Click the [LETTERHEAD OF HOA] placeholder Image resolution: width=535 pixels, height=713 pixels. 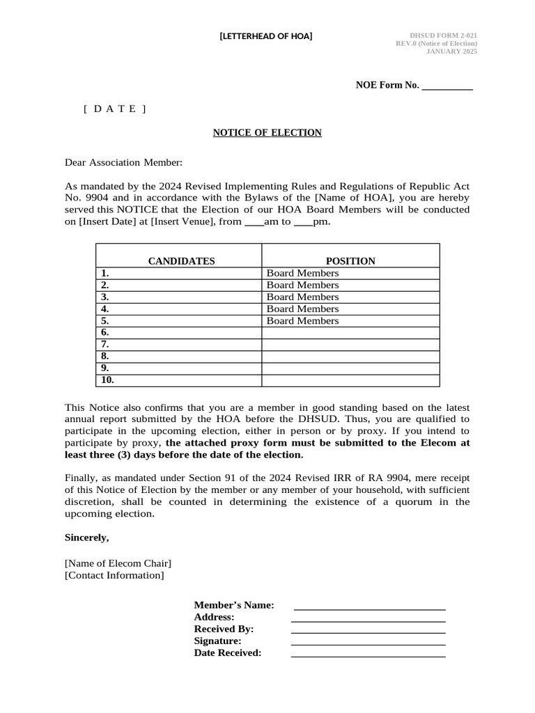[265, 36]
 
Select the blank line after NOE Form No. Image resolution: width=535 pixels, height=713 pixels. [447, 86]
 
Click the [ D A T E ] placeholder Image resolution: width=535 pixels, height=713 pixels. [115, 109]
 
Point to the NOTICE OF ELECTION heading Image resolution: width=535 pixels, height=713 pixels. [267, 132]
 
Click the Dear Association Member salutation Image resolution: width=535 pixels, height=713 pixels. [123, 162]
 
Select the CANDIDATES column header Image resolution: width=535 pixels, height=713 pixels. [181, 261]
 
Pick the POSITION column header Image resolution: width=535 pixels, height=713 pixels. [350, 261]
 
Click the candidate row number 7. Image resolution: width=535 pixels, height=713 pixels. [105, 345]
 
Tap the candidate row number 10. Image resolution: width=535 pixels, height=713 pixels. [107, 380]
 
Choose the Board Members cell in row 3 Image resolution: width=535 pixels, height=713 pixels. [302, 297]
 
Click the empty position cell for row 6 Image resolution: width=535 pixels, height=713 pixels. [350, 333]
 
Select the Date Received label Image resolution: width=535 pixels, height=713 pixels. [227, 652]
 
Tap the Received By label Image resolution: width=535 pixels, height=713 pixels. [224, 629]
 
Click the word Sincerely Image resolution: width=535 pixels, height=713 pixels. [87, 538]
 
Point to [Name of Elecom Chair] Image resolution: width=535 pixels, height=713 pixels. [118, 563]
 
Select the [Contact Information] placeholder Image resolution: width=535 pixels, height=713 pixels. [114, 575]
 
